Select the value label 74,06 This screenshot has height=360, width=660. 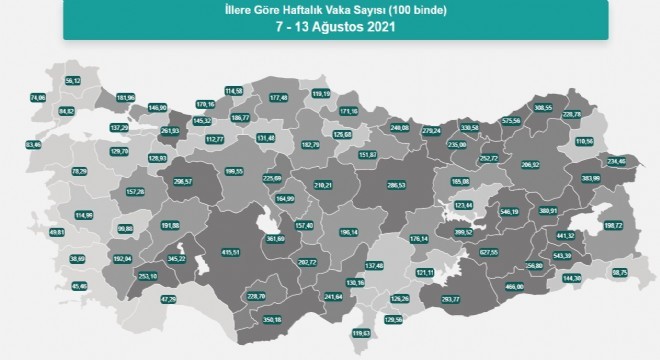coord(38,98)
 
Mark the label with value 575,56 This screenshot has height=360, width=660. coord(512,120)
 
